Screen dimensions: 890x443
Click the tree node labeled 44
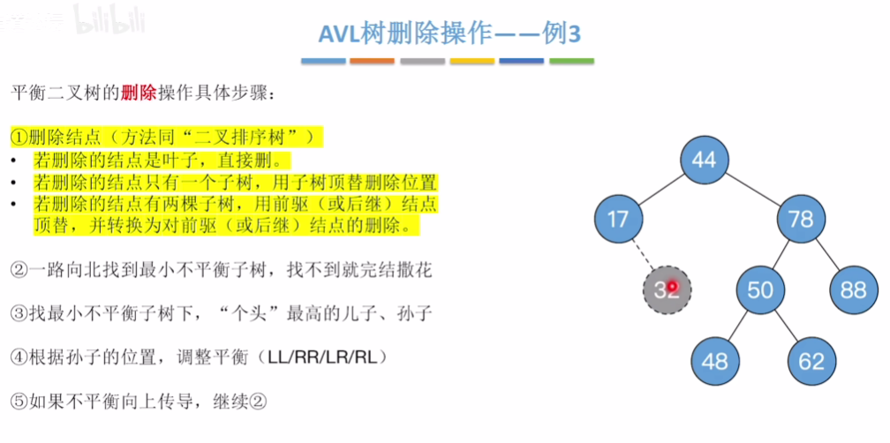tap(704, 160)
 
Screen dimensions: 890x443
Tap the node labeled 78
tap(800, 217)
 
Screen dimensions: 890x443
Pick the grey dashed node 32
tap(667, 289)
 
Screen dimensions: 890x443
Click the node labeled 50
tap(760, 289)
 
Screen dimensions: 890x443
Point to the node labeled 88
tap(853, 289)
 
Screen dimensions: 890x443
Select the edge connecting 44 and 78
tap(752, 188)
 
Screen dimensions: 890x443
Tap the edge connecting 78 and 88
tap(827, 253)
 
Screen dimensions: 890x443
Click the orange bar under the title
tap(372, 62)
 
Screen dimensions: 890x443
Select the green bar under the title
tap(571, 62)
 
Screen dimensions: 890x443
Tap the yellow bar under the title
tap(471, 62)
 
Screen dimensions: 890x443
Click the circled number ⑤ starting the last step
tap(19, 401)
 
